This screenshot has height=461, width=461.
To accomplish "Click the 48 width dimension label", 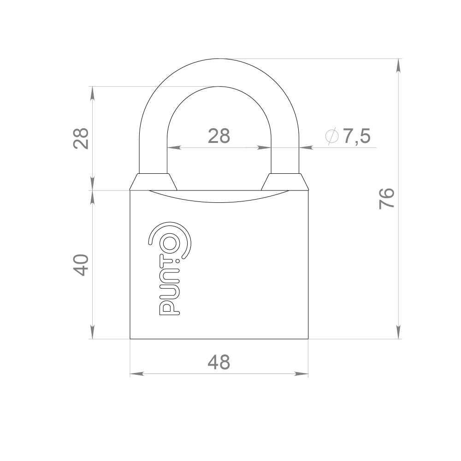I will click(219, 363).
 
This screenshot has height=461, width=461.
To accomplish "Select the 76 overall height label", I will click(387, 199).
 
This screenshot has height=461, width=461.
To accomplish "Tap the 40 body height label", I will click(81, 265).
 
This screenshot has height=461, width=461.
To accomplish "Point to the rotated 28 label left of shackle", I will click(81, 138).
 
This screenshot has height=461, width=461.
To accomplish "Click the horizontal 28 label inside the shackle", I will click(219, 136).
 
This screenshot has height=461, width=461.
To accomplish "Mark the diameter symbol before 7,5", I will click(332, 136).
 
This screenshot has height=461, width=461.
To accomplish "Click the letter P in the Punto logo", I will click(169, 308).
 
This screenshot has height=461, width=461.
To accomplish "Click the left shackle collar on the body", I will click(153, 182).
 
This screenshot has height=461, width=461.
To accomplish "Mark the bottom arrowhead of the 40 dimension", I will click(92, 332).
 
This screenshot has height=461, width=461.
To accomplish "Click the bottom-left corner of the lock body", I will click(130, 339).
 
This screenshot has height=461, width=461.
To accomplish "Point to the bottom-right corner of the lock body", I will click(308, 339).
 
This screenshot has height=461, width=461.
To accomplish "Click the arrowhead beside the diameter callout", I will click(306, 148).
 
